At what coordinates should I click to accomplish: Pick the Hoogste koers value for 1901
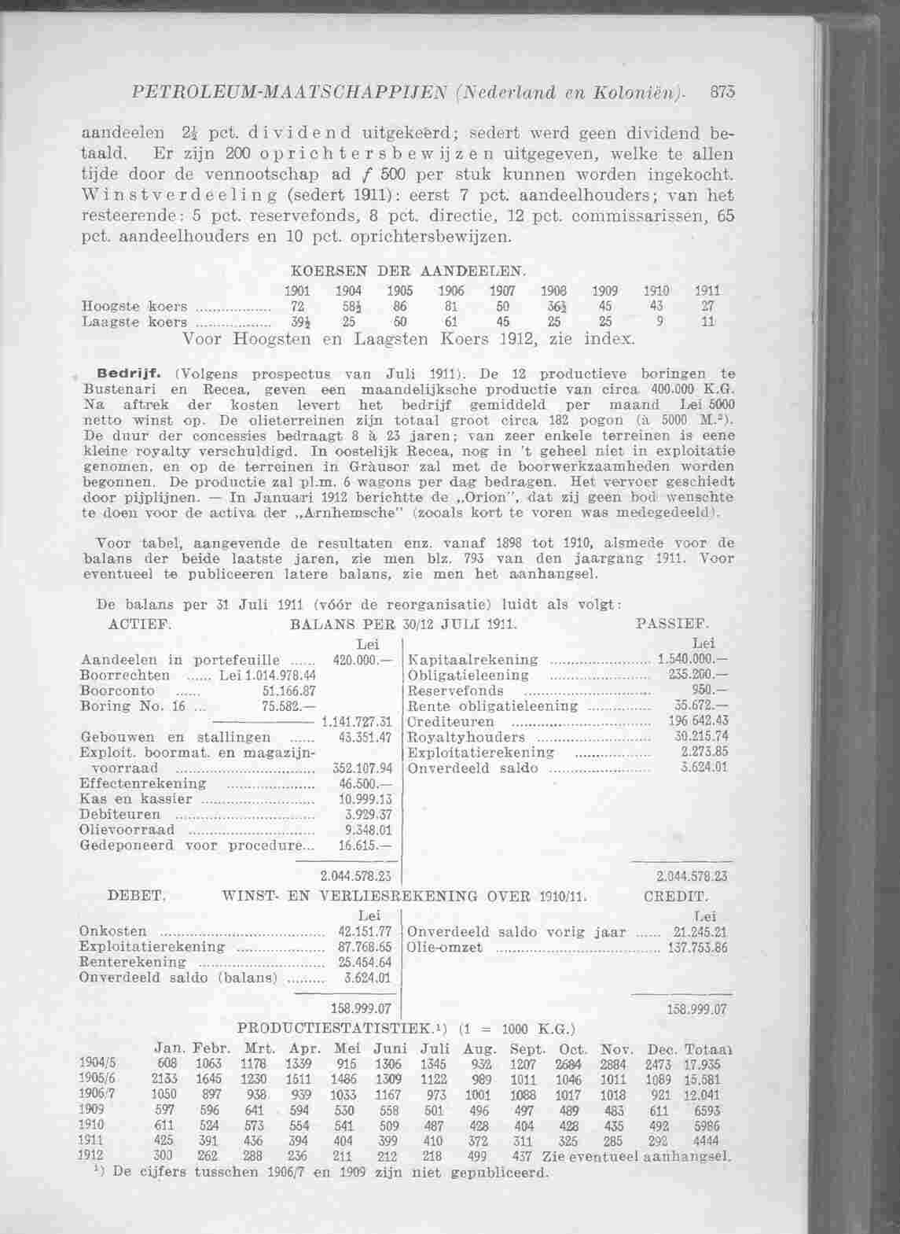[297, 306]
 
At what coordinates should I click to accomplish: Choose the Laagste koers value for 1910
[661, 321]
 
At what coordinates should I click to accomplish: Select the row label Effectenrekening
[143, 783]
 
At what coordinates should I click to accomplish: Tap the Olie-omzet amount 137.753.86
[696, 947]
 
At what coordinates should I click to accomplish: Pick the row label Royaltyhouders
[468, 737]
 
